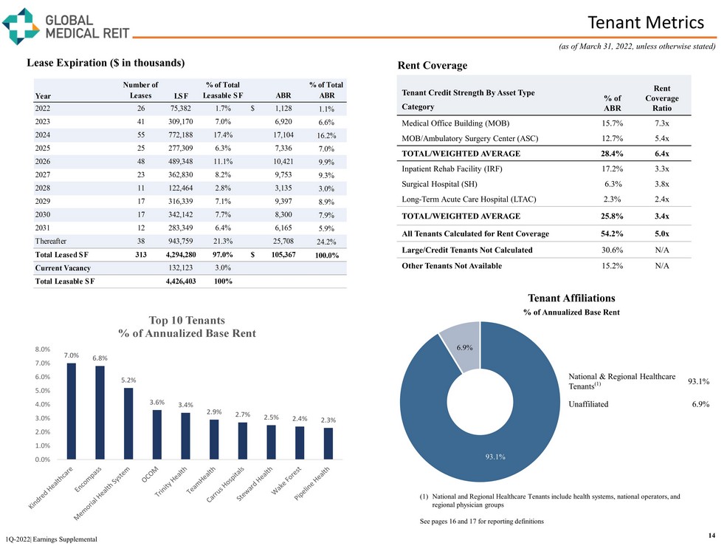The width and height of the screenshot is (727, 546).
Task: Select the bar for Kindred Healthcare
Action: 72,411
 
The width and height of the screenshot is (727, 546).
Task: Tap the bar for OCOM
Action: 157,434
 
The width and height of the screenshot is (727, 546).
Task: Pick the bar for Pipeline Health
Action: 328,443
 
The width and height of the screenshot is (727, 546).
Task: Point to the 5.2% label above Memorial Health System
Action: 128,380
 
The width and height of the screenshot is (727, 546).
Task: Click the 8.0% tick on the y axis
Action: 42,349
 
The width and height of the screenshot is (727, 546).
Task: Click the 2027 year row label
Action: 43,175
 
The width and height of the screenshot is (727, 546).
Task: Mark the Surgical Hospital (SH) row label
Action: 441,184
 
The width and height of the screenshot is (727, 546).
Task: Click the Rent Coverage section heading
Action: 432,66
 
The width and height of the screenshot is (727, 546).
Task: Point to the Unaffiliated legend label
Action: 588,404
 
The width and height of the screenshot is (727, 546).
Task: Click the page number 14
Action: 712,534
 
